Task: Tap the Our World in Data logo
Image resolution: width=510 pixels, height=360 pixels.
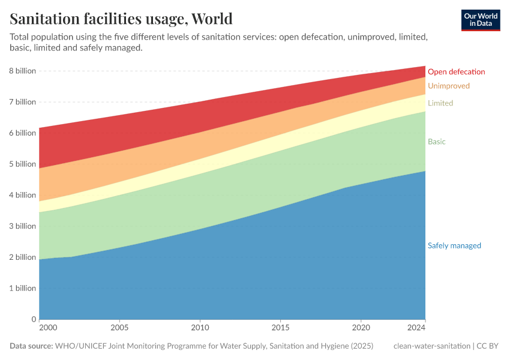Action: coord(481,20)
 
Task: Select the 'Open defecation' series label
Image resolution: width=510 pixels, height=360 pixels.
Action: coord(456,72)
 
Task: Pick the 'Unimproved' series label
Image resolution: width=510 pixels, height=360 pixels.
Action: coord(448,86)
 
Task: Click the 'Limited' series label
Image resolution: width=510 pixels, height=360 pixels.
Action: coord(440,103)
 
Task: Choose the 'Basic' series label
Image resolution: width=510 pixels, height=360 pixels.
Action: coord(436,142)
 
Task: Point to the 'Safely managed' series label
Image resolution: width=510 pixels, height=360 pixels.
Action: coord(454,245)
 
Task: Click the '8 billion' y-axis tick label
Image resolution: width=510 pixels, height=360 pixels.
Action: coord(22,71)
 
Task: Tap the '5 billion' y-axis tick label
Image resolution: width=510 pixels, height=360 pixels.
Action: coord(22,164)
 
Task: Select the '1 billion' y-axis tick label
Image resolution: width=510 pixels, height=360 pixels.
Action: coord(22,289)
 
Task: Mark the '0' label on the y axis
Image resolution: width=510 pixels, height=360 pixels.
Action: coord(33,320)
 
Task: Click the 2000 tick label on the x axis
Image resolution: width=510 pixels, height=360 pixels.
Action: coord(47,328)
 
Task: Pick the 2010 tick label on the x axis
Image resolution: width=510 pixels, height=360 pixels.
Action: coord(200,328)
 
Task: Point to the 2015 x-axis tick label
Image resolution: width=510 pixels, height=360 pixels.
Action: coord(280,328)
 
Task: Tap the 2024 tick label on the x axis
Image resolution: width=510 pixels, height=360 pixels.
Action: coord(417,328)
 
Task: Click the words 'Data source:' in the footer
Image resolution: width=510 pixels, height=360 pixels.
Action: coord(31,346)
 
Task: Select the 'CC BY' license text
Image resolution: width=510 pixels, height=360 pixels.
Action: coord(488,346)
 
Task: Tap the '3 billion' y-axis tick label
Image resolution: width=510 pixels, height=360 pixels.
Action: coord(22,226)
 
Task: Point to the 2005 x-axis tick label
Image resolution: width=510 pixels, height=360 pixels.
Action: coord(119,328)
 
